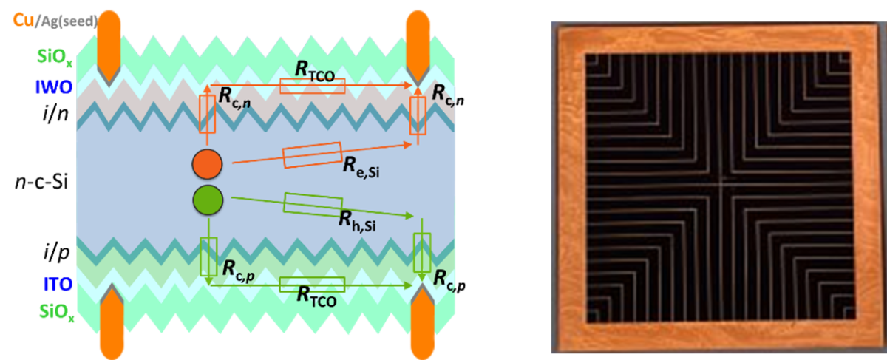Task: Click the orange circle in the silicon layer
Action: (x=207, y=165)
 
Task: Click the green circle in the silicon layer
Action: (x=207, y=200)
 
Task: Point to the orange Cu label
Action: (x=20, y=21)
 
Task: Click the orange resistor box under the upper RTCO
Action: (x=312, y=86)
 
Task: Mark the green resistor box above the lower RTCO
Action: (x=312, y=284)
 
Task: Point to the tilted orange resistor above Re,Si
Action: (x=311, y=154)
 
